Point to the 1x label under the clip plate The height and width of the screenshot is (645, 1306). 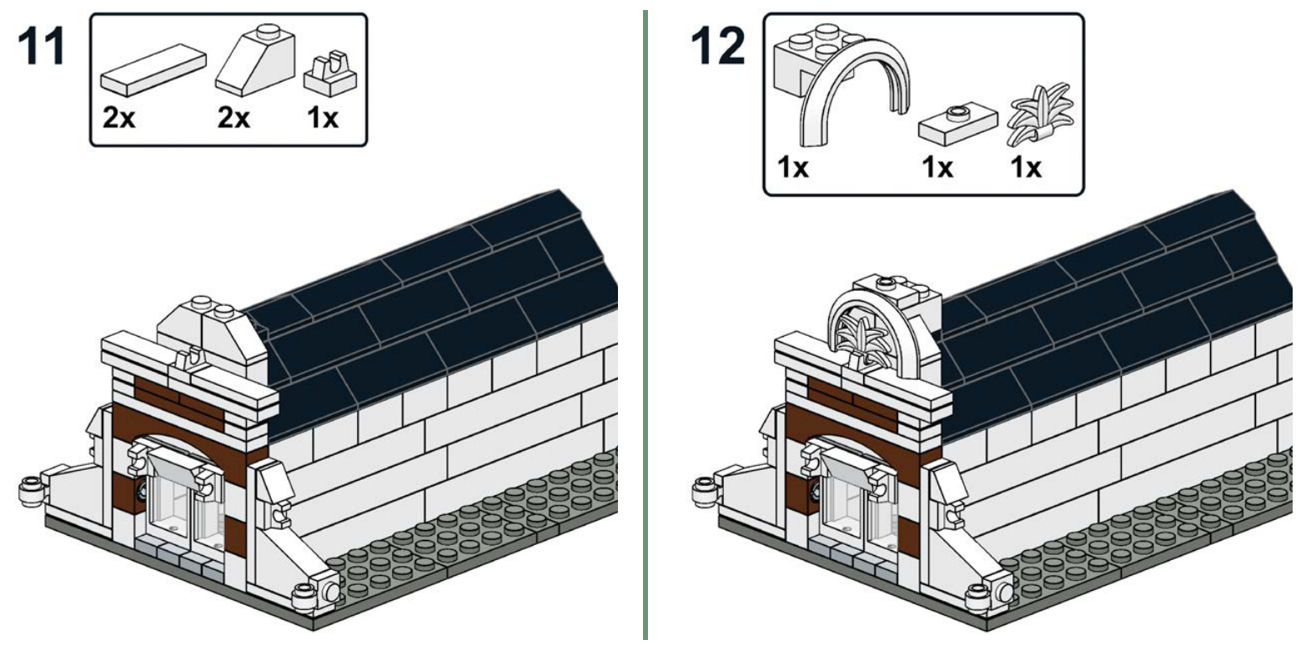tap(323, 118)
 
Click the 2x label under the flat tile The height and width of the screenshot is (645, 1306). tap(118, 118)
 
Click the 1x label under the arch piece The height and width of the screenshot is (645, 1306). tap(793, 168)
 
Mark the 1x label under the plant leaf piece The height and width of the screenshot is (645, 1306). tap(1025, 168)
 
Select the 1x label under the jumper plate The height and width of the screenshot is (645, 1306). tap(937, 168)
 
